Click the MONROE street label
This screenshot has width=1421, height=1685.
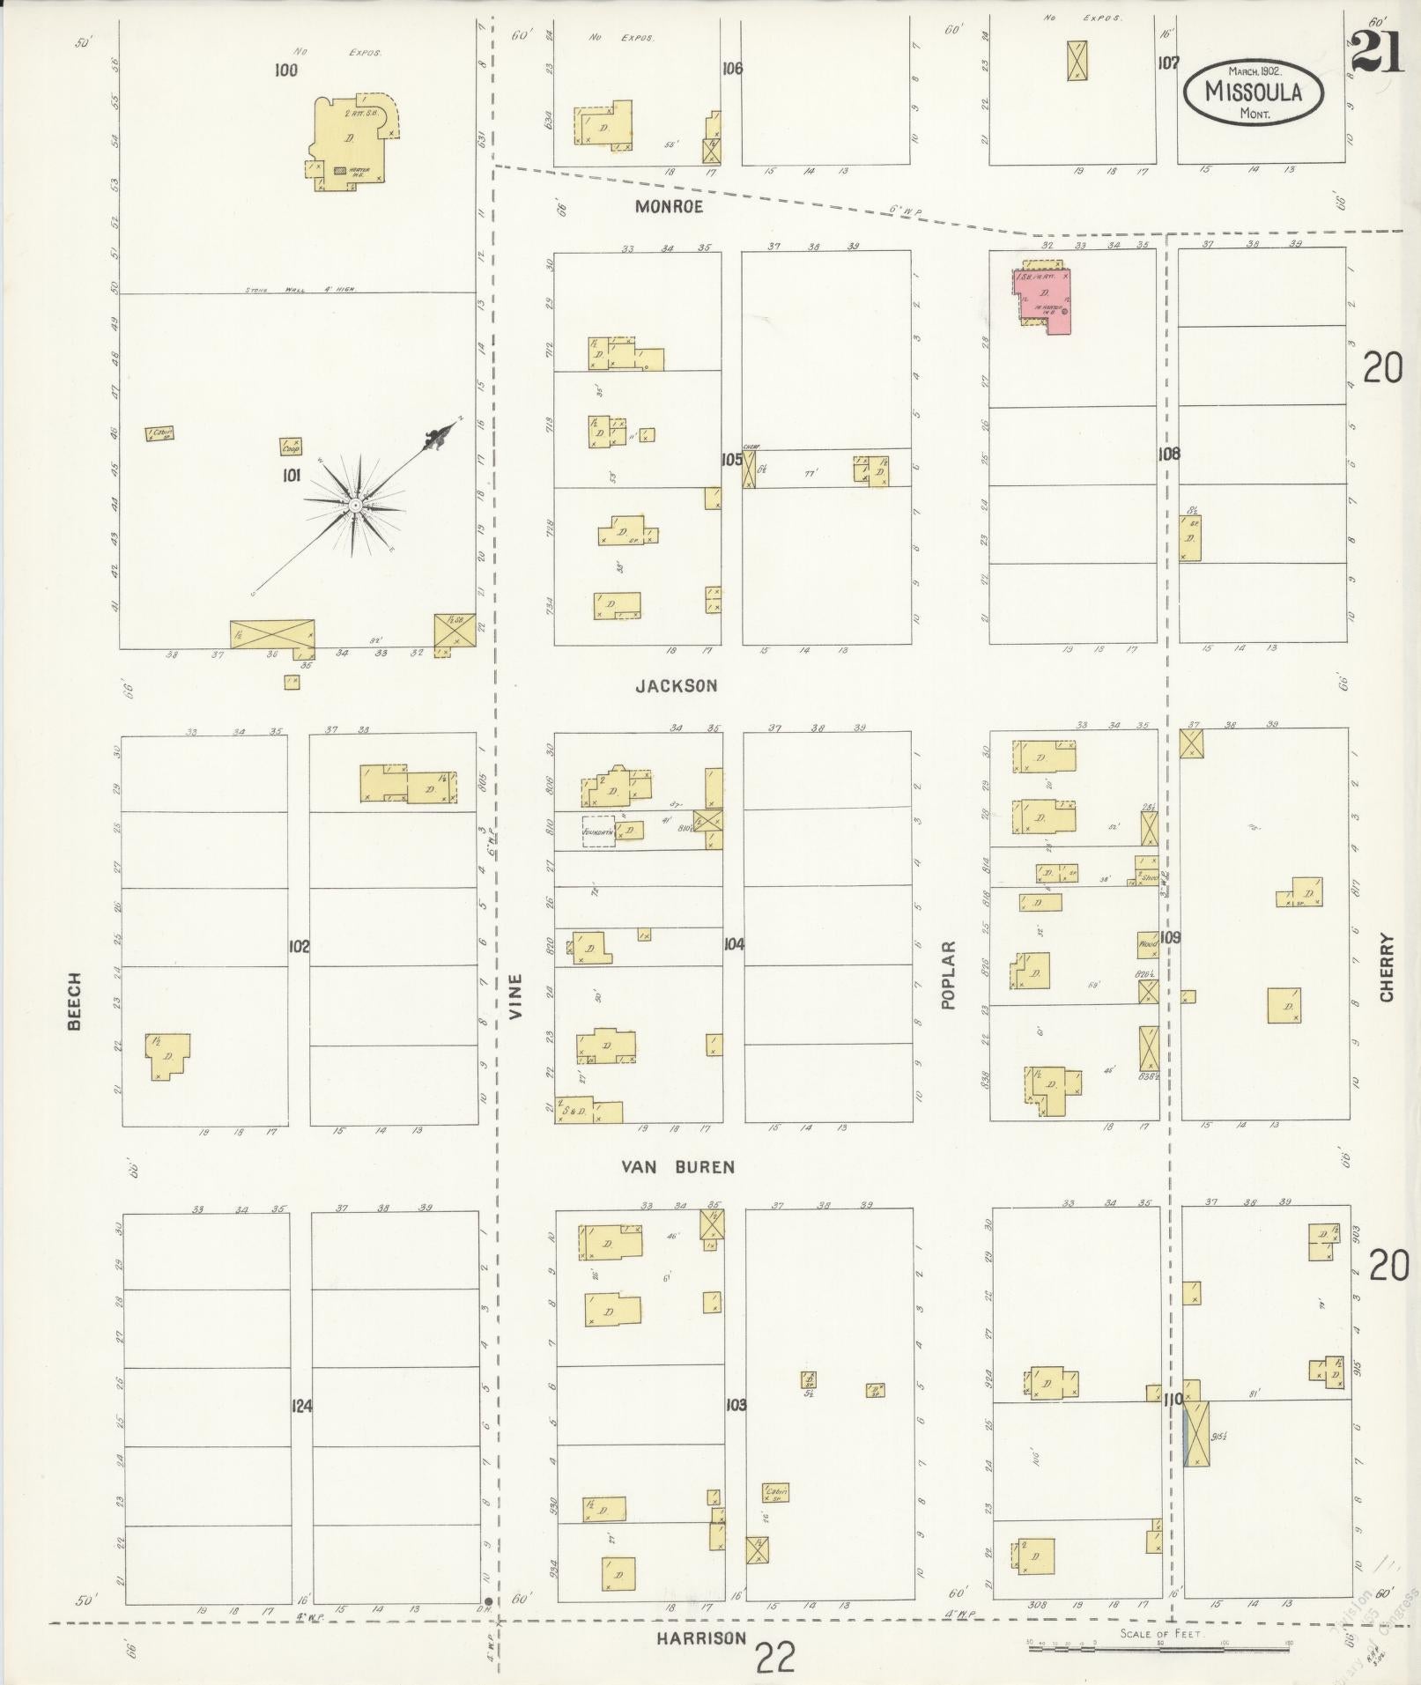click(670, 207)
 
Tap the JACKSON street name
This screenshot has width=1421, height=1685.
click(677, 685)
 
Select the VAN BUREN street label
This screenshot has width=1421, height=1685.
click(677, 1167)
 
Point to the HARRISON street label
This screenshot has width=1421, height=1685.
click(701, 1638)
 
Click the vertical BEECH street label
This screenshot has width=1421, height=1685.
click(74, 1001)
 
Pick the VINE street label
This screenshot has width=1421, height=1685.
click(515, 996)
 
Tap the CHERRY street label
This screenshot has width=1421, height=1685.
click(1388, 967)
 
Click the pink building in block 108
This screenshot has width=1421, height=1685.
click(1046, 298)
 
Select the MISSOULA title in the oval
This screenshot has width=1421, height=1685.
click(1254, 91)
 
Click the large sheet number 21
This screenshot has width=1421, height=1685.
click(1376, 55)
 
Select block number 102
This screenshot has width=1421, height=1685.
click(299, 947)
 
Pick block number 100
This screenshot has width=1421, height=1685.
click(285, 70)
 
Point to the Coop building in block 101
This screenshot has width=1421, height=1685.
click(292, 447)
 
